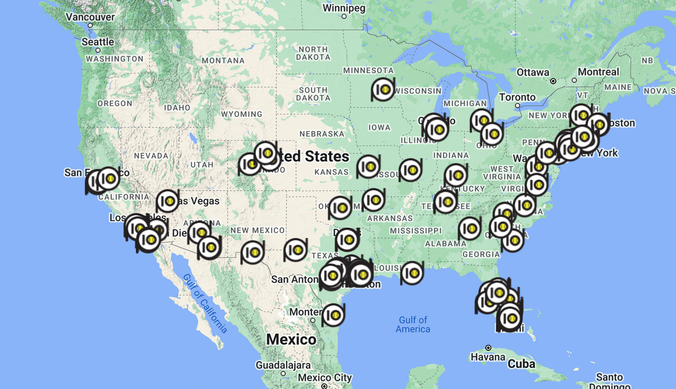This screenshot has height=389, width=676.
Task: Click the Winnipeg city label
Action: point(344,8)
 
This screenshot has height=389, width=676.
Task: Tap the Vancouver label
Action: point(90,17)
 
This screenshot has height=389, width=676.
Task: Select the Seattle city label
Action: point(98,42)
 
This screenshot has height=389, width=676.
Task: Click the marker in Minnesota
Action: point(384,89)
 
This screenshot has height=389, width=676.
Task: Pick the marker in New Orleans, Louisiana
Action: point(412,273)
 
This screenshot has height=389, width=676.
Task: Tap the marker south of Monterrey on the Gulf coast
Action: point(334,315)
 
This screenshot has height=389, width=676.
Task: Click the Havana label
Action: point(488,357)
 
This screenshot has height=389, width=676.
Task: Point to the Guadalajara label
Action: point(283,365)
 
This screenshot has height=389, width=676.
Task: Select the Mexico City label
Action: point(325,378)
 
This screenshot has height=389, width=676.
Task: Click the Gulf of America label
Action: point(413,324)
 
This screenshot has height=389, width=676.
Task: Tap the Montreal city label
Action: point(598,72)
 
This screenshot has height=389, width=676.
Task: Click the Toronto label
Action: point(517,97)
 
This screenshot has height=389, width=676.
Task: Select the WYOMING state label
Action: point(241,114)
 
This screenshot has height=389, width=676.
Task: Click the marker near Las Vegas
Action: point(168,201)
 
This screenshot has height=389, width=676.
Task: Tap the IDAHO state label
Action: point(177,108)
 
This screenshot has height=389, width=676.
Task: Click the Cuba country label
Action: point(521,363)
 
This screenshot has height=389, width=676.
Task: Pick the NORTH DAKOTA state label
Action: point(312,53)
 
